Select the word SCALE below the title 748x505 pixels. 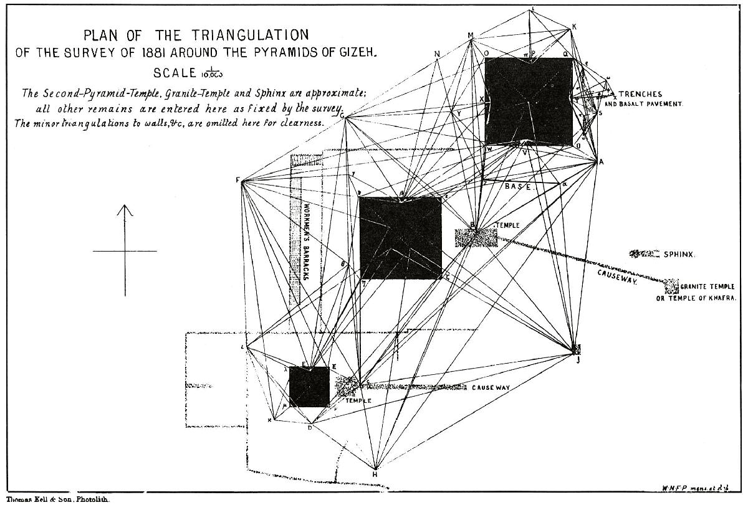click(175, 73)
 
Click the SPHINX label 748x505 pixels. click(679, 254)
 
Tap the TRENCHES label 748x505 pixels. click(640, 94)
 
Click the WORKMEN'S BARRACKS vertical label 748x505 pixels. click(307, 240)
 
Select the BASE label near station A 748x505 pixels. click(517, 186)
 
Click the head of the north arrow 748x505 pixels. click(125, 209)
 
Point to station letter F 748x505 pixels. click(237, 181)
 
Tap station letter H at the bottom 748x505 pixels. click(375, 474)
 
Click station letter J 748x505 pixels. click(578, 359)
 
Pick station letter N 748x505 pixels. click(438, 54)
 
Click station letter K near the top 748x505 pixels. click(574, 26)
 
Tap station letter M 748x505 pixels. click(471, 35)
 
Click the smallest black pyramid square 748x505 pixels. click(309, 387)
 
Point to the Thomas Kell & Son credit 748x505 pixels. click(44, 499)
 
